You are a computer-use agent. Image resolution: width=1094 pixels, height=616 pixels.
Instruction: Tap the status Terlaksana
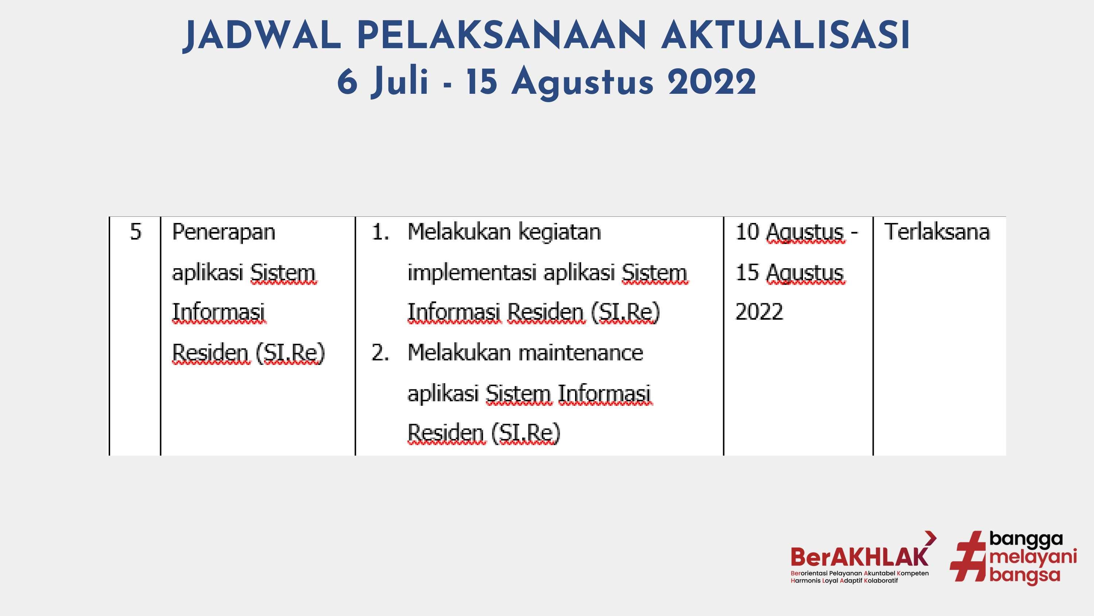click(x=937, y=232)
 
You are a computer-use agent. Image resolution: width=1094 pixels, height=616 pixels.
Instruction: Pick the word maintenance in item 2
click(x=581, y=353)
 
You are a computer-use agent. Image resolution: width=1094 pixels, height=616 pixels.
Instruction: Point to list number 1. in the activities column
click(x=380, y=232)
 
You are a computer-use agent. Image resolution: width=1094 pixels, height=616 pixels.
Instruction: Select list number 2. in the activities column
click(x=380, y=353)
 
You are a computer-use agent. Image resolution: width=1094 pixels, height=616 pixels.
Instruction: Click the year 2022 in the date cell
click(x=759, y=312)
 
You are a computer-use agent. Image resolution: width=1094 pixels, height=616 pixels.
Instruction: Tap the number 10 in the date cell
click(x=747, y=232)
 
